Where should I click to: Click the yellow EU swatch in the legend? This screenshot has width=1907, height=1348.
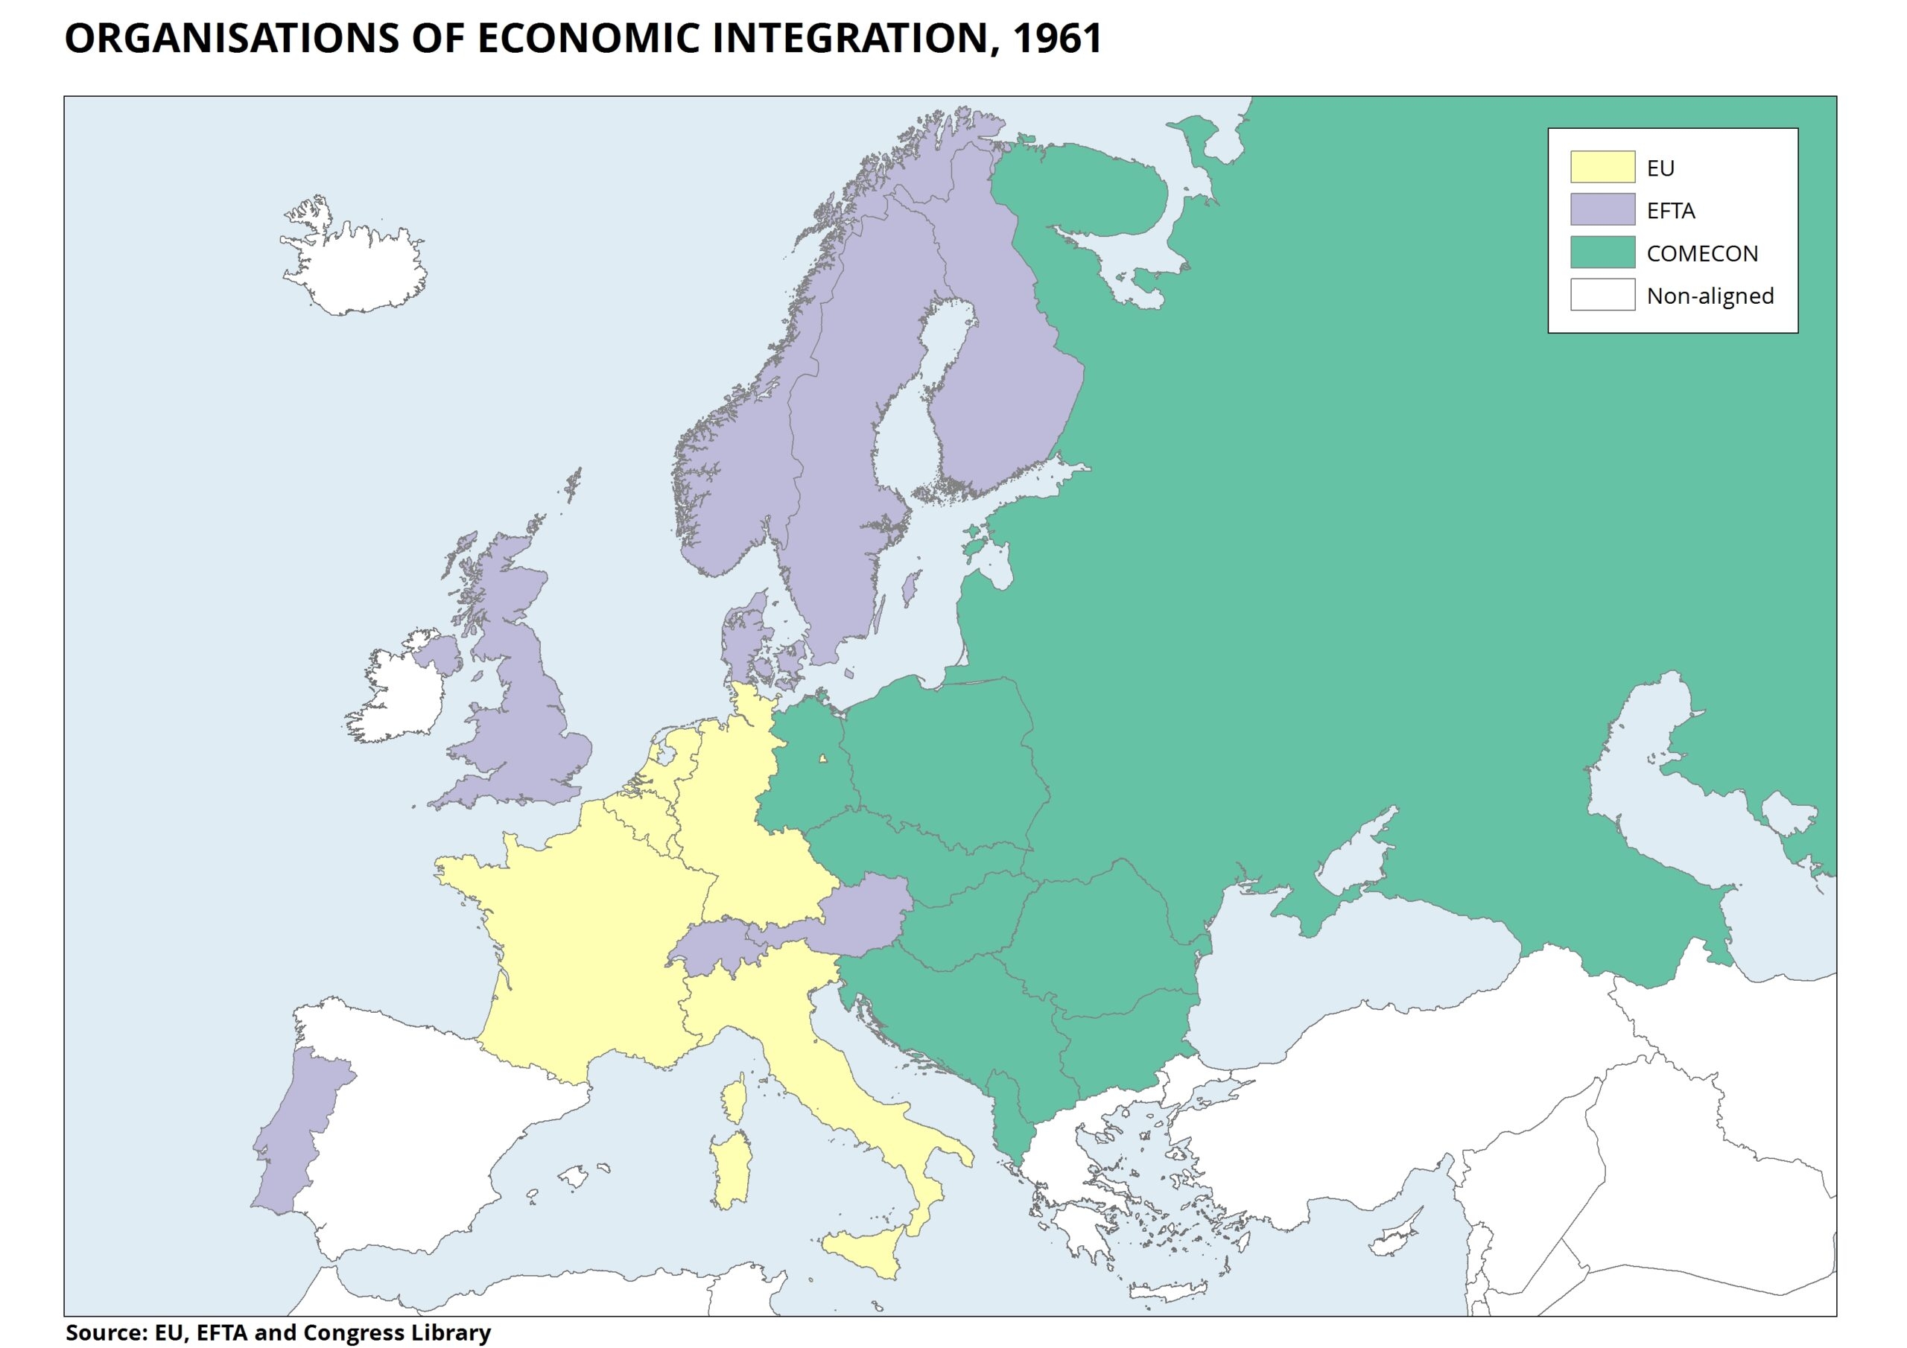tap(1602, 167)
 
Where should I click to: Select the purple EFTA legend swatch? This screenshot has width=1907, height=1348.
tap(1602, 209)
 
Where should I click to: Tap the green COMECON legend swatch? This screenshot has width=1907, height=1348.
tap(1602, 252)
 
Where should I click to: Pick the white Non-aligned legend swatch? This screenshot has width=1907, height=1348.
tap(1602, 295)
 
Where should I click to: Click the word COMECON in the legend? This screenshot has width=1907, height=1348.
tap(1702, 253)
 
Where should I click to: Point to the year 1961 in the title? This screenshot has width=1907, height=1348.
tap(1056, 39)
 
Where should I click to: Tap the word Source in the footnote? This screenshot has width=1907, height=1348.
tap(100, 1332)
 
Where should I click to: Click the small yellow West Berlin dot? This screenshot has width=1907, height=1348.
tap(822, 758)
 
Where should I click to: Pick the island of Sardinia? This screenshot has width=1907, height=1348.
tap(731, 1171)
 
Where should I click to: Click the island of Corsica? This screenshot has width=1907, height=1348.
tap(734, 1101)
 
